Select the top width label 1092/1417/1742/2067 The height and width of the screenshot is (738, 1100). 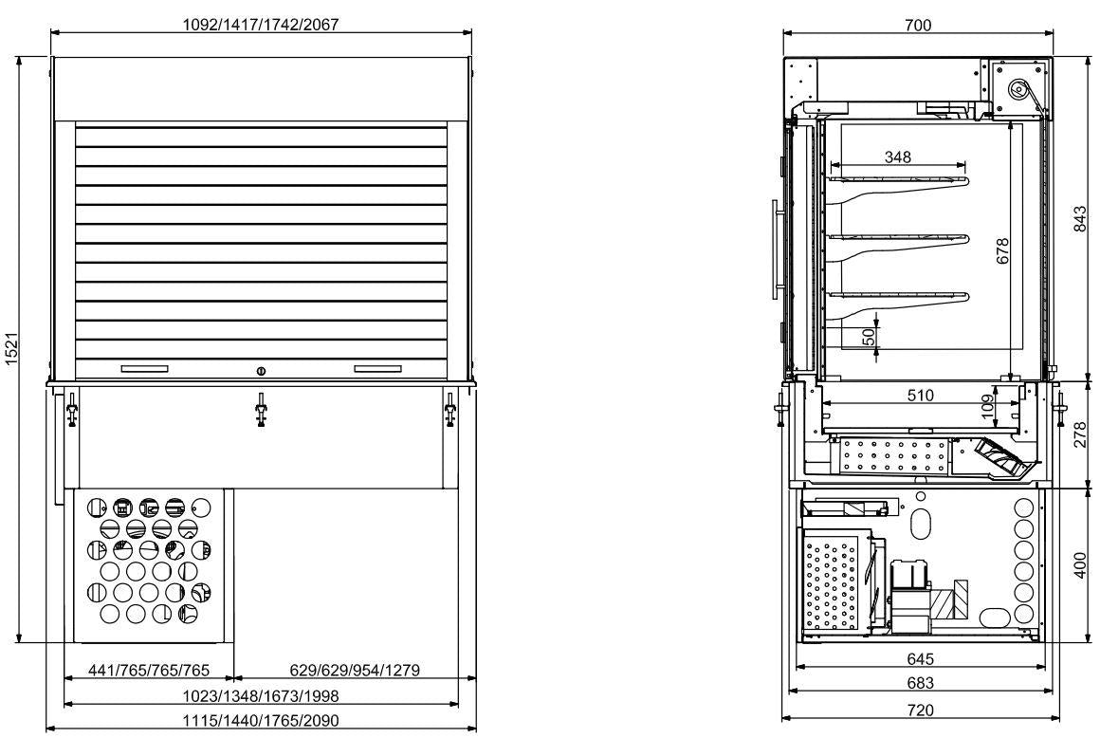tap(261, 25)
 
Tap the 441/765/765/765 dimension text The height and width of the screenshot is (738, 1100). tap(150, 671)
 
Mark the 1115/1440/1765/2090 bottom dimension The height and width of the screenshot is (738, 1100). tap(261, 721)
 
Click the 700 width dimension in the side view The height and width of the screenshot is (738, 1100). tap(917, 25)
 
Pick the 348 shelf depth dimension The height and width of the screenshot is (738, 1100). tap(897, 157)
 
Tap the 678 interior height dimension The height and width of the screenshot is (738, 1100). tap(1003, 252)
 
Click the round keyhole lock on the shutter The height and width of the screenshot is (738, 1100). tap(262, 369)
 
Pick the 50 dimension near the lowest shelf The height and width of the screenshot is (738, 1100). tap(867, 336)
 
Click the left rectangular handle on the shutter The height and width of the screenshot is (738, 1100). tap(144, 368)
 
